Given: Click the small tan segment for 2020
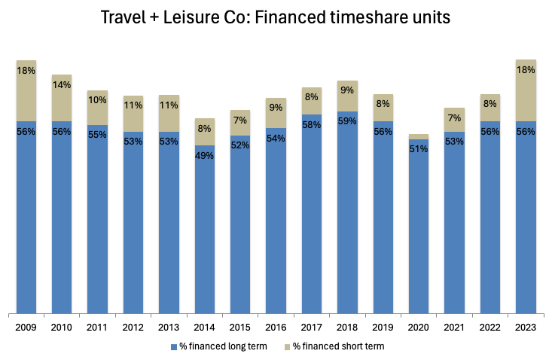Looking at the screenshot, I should click(x=419, y=136).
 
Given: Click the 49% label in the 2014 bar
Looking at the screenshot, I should click(x=205, y=155).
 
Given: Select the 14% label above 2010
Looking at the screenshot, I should click(x=62, y=85).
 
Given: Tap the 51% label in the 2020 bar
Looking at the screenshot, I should click(x=419, y=149).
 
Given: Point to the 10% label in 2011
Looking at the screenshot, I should click(x=98, y=100).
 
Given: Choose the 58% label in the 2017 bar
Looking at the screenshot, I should click(x=312, y=124).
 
